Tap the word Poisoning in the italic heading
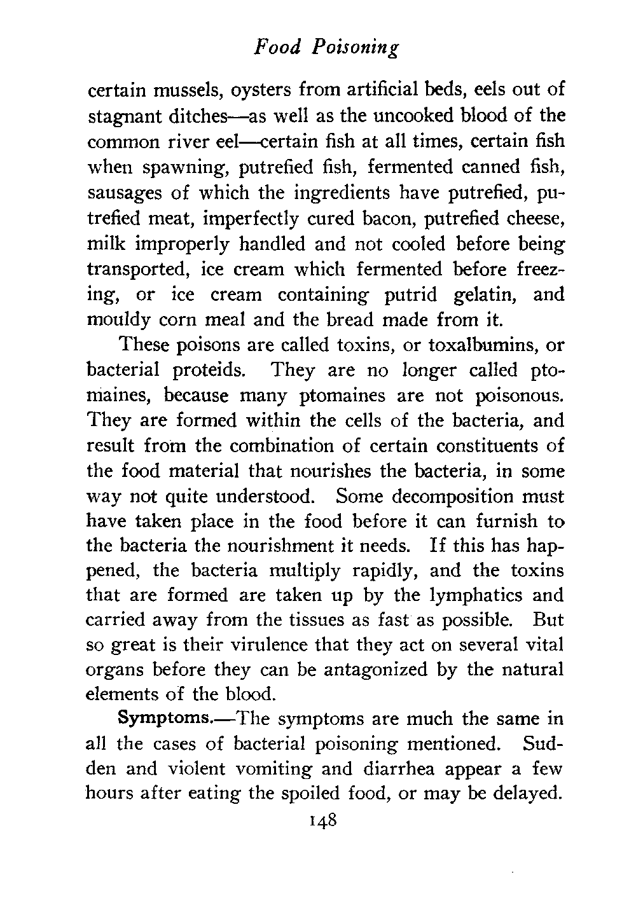357,49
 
